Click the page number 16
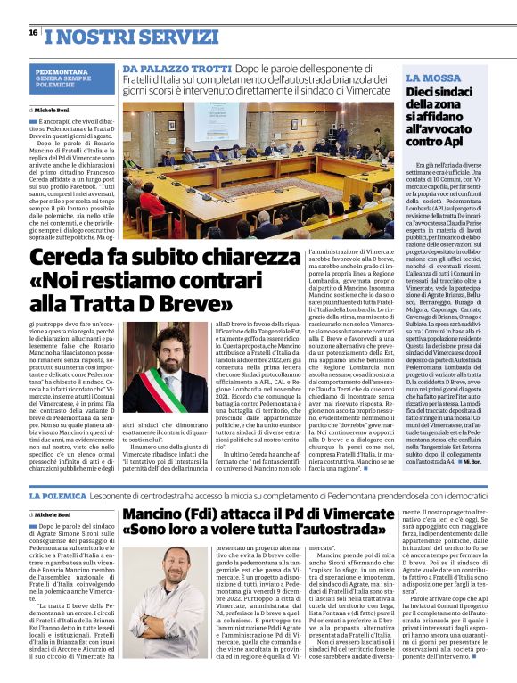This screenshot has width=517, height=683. [x=33, y=32]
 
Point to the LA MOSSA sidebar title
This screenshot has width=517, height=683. [x=433, y=78]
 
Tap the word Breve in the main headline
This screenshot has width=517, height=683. [x=181, y=302]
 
